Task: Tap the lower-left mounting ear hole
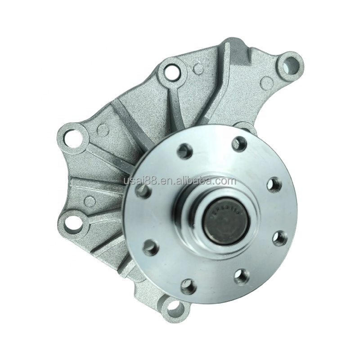pyautogui.click(x=73, y=222)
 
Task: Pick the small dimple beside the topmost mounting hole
pyautogui.click(x=197, y=68)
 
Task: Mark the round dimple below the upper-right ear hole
pyautogui.click(x=266, y=82)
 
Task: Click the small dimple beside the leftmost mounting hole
pyautogui.click(x=103, y=131)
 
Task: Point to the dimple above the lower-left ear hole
pyautogui.click(x=90, y=201)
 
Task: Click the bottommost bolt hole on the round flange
pyautogui.click(x=188, y=286)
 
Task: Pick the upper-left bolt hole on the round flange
pyautogui.click(x=184, y=151)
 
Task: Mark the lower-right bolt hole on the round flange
pyautogui.click(x=242, y=276)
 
